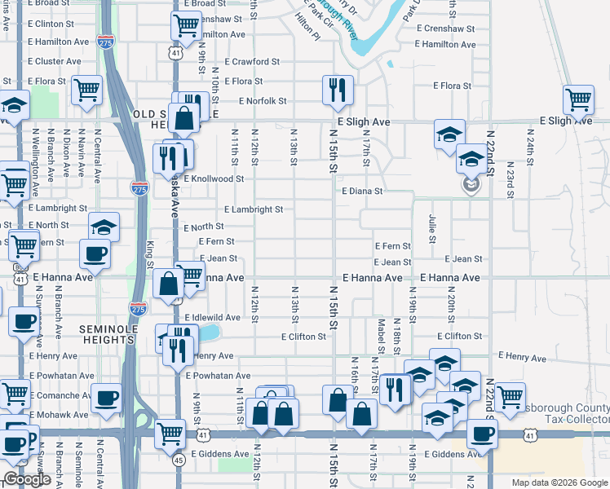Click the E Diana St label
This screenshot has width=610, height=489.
[363, 191]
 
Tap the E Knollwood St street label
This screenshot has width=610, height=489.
[214, 178]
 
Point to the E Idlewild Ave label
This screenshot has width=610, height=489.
[212, 317]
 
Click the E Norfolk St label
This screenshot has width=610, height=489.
[263, 101]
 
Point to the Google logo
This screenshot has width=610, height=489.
[27, 479]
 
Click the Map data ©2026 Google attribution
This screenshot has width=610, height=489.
[559, 482]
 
